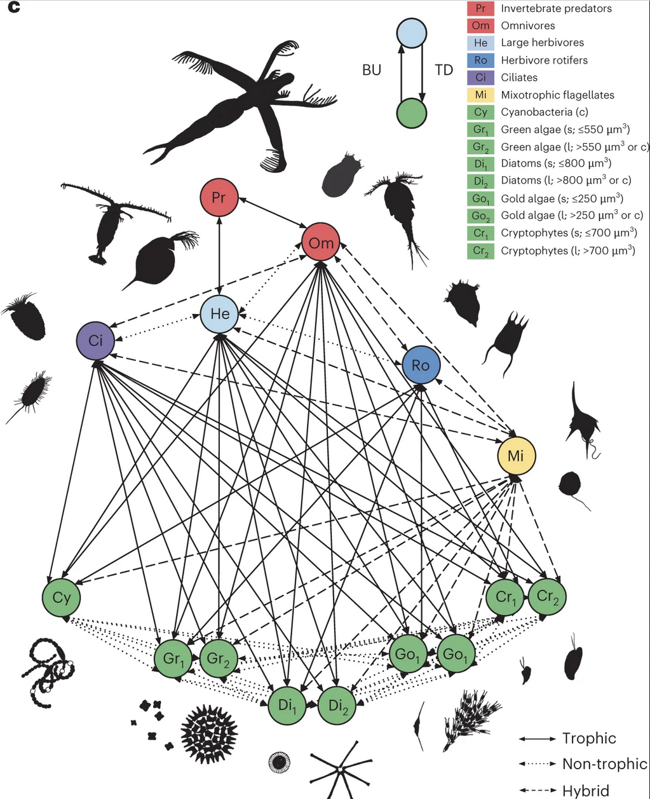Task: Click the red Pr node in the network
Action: click(219, 198)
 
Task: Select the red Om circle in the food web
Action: click(321, 242)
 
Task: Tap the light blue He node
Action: click(219, 313)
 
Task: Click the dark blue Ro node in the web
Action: click(421, 365)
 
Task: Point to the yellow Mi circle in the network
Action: click(517, 455)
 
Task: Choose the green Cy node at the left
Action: click(62, 598)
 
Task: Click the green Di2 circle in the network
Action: click(337, 706)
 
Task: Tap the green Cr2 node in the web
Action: click(547, 597)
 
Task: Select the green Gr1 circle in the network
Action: click(173, 659)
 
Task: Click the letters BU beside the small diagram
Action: click(372, 70)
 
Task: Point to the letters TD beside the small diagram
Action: click(443, 70)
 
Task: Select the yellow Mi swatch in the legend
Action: click(481, 95)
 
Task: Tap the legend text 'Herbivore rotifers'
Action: click(544, 60)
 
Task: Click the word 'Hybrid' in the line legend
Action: click(585, 791)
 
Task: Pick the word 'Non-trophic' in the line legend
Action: click(604, 764)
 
